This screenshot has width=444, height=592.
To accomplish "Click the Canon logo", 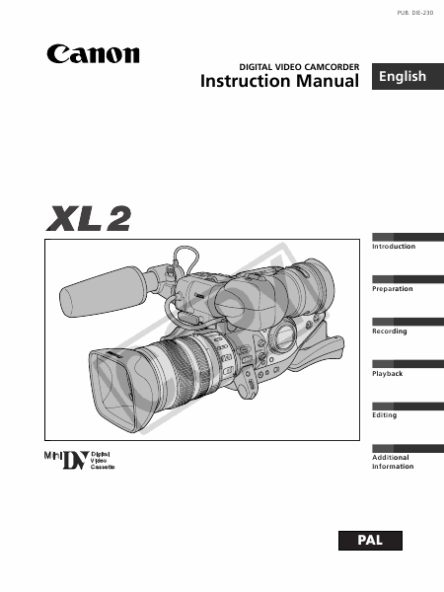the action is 93,54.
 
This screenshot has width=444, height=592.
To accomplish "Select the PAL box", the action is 370,541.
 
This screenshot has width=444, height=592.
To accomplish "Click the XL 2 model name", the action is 89,218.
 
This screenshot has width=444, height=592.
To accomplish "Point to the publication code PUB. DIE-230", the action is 415,13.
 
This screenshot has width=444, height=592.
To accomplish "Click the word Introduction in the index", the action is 394,246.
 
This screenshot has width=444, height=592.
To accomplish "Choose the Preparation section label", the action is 393,289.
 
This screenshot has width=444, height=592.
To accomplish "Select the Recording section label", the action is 390,332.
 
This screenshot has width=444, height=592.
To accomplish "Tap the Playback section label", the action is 388,373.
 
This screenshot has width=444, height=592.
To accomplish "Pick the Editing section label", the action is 385,415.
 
